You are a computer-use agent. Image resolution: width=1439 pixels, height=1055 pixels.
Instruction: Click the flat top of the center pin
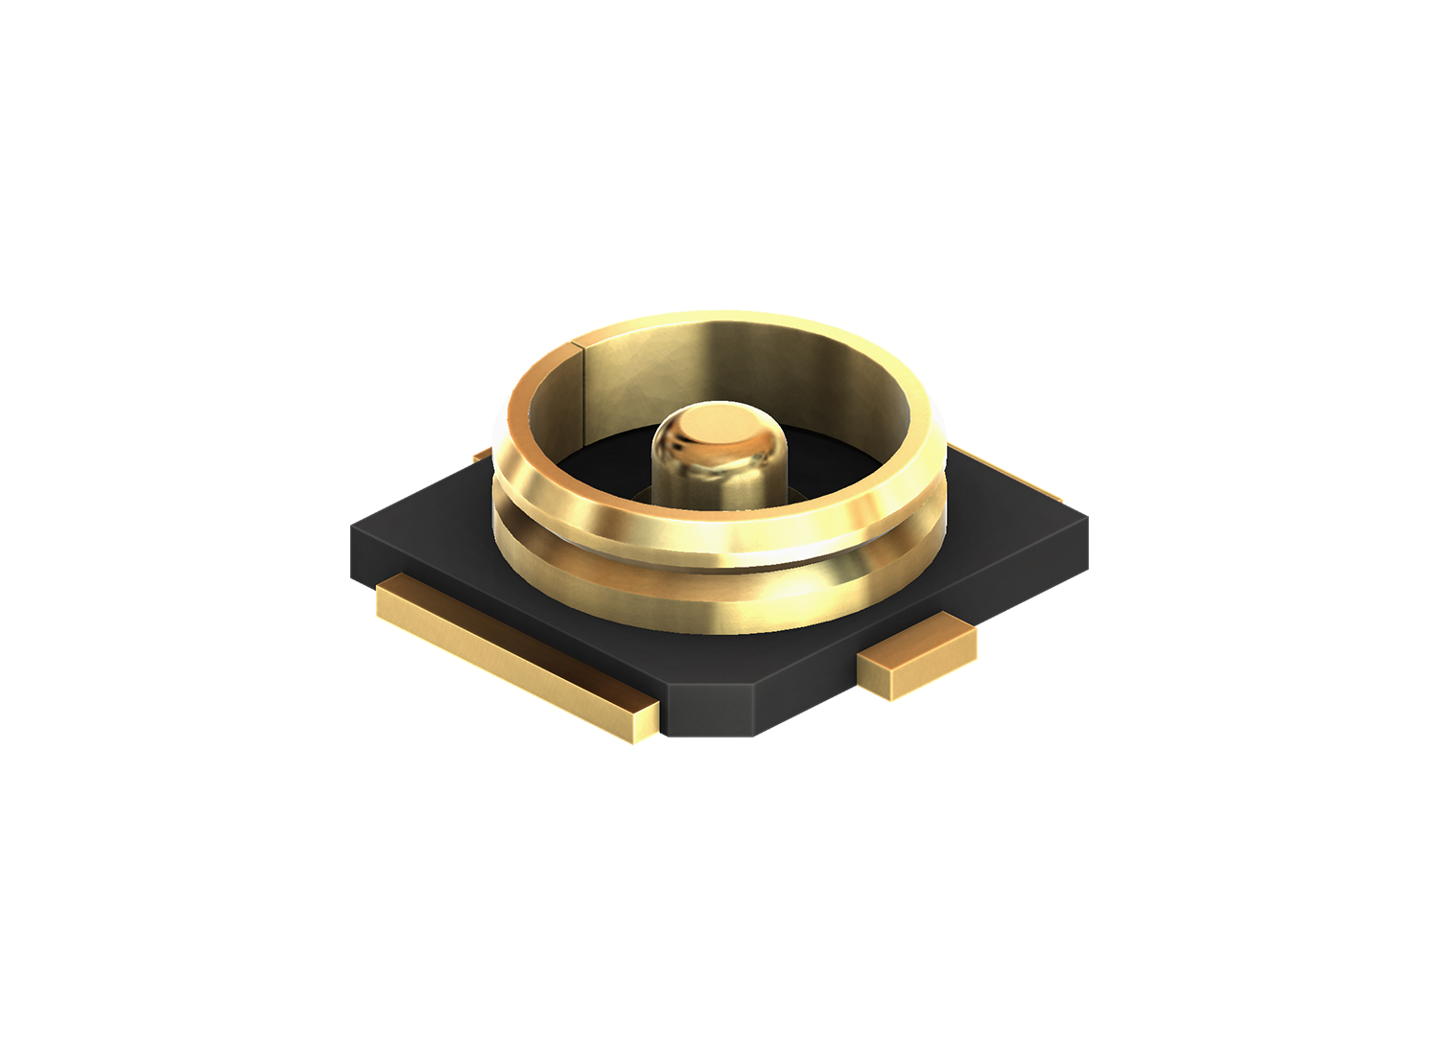pos(718,422)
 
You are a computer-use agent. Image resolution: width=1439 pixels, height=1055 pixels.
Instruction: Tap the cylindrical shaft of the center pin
pos(718,475)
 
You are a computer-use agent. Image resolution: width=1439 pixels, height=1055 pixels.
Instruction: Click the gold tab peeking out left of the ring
pos(483,454)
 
